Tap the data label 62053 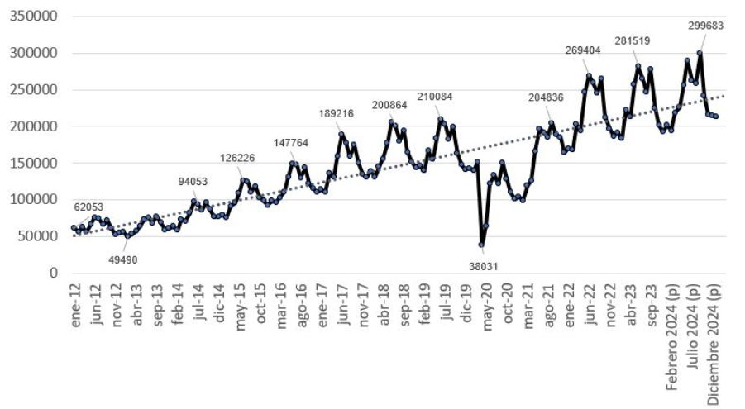[x=90, y=207]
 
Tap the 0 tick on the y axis [x=54, y=273]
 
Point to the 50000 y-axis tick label [x=37, y=236]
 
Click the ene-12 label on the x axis [x=75, y=304]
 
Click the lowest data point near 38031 [x=481, y=245]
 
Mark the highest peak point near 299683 [x=700, y=54]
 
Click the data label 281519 [x=638, y=40]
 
